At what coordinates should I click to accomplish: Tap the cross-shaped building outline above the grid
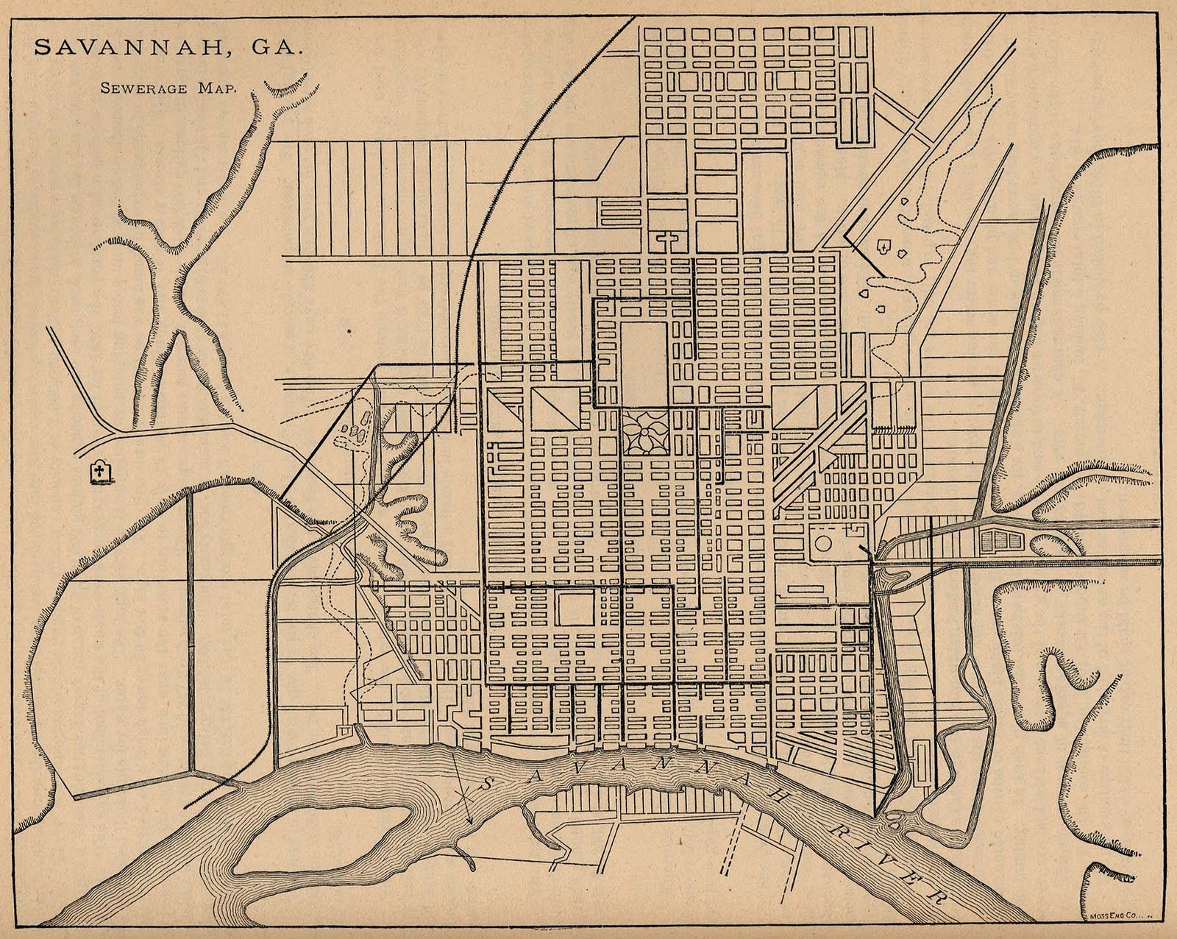point(669,240)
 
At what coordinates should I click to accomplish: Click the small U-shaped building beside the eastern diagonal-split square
point(753,420)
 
